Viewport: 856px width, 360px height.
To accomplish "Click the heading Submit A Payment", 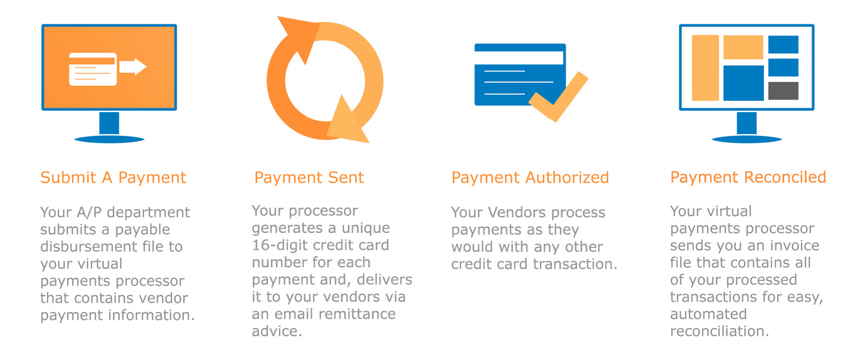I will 113,178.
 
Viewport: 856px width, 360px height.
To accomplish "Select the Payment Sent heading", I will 308,178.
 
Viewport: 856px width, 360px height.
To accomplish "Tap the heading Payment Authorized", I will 530,178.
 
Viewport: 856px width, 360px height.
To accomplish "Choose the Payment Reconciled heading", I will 748,178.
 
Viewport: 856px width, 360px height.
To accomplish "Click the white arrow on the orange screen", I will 133,66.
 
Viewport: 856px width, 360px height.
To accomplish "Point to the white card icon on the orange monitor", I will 92,69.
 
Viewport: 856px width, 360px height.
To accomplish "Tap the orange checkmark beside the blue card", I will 559,98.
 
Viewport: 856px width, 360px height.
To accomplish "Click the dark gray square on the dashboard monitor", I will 783,91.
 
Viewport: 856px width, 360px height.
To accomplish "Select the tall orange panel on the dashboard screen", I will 705,68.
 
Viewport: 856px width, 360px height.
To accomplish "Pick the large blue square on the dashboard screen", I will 743,83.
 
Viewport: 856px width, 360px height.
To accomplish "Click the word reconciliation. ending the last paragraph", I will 719,331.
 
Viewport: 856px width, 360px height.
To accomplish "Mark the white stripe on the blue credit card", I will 519,58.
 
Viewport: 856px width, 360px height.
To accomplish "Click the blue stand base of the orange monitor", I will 109,137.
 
